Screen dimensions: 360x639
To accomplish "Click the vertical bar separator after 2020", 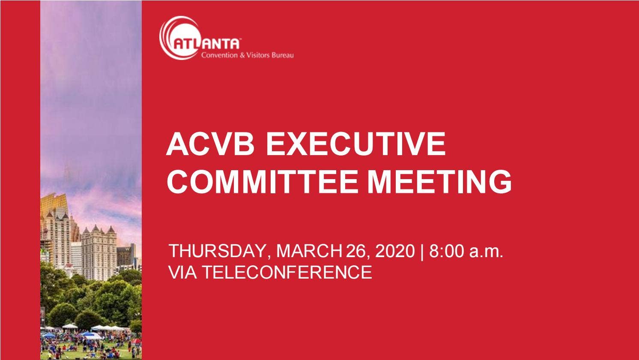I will pyautogui.click(x=422, y=251).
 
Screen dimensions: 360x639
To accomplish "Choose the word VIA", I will pyautogui.click(x=183, y=272).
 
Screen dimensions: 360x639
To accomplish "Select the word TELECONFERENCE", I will pyautogui.click(x=287, y=272).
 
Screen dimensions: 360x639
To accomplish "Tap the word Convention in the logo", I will pyautogui.click(x=219, y=55).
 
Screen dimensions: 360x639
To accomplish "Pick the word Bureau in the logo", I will pyautogui.click(x=283, y=55).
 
